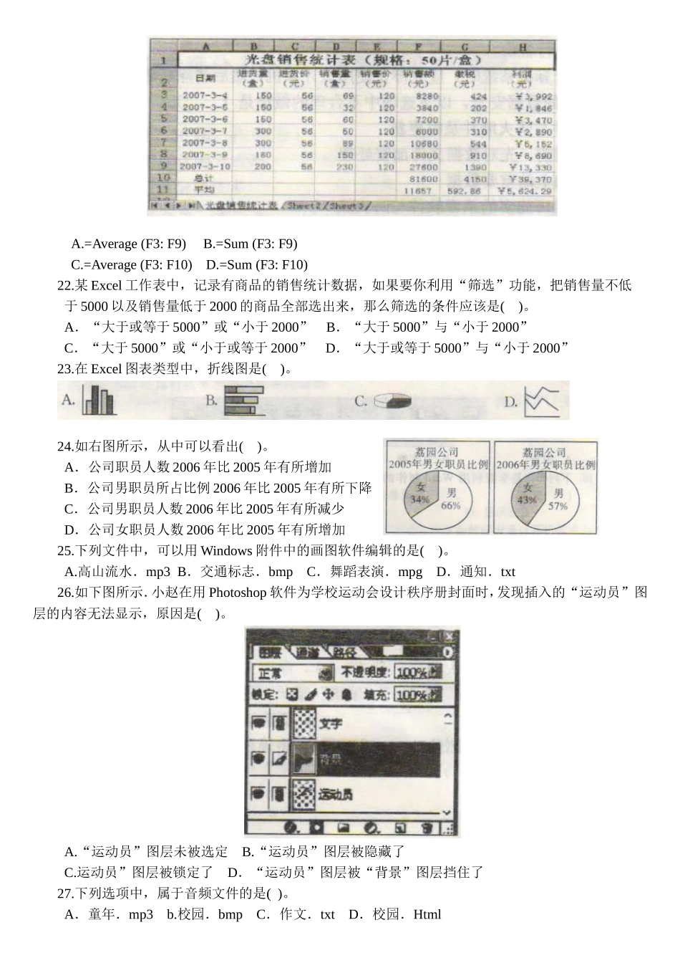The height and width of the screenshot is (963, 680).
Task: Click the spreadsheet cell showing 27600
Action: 427,167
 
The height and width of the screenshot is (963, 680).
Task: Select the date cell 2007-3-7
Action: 204,131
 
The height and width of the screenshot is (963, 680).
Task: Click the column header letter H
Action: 523,47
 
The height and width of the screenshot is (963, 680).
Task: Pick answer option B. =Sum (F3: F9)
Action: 250,244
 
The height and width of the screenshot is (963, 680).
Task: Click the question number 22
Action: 64,286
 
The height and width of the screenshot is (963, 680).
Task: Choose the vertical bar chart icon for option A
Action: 98,401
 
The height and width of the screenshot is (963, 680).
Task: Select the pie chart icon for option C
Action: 391,401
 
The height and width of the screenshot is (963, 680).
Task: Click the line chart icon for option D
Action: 540,401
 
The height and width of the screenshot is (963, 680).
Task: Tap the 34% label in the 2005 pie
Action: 420,499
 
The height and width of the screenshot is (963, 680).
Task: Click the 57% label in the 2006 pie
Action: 558,506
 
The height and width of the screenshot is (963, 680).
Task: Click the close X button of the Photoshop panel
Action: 449,636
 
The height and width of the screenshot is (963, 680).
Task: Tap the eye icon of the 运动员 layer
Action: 258,793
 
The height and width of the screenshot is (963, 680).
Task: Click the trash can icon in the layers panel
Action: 427,828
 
